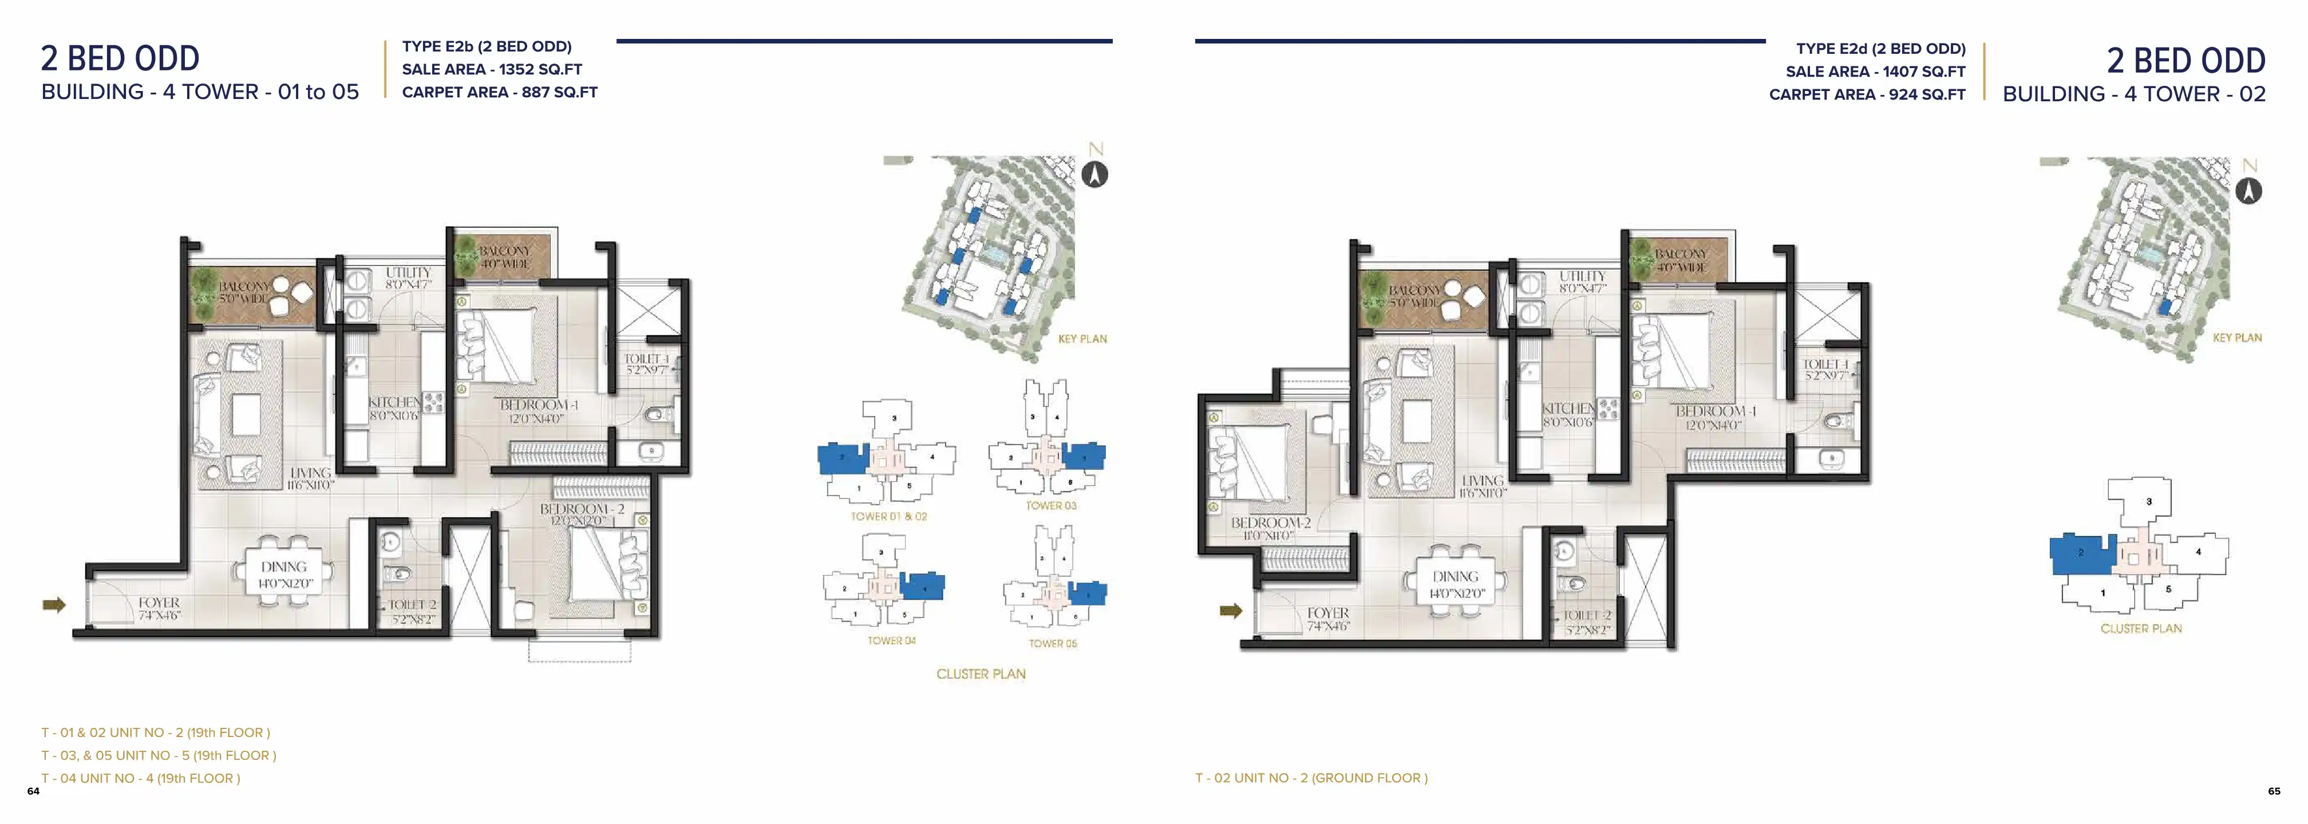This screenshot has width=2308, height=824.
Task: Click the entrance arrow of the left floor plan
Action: (54, 605)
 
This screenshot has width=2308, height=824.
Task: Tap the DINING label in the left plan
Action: (284, 567)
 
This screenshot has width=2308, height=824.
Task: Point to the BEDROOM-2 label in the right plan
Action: (1270, 523)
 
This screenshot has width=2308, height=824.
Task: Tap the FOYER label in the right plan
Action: (1328, 613)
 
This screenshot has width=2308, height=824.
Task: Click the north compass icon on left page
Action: (1095, 174)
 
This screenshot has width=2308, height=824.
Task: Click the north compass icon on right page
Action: (2249, 190)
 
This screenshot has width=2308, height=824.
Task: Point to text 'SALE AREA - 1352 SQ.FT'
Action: (492, 69)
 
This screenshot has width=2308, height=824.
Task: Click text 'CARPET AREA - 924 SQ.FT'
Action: (1867, 94)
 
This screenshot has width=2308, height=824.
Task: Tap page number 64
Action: (33, 791)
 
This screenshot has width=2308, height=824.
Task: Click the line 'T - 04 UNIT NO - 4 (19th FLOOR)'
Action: (141, 778)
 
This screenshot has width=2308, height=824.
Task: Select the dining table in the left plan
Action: (284, 573)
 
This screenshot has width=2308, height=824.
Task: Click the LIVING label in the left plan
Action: (310, 473)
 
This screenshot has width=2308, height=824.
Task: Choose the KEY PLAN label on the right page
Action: (2236, 338)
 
